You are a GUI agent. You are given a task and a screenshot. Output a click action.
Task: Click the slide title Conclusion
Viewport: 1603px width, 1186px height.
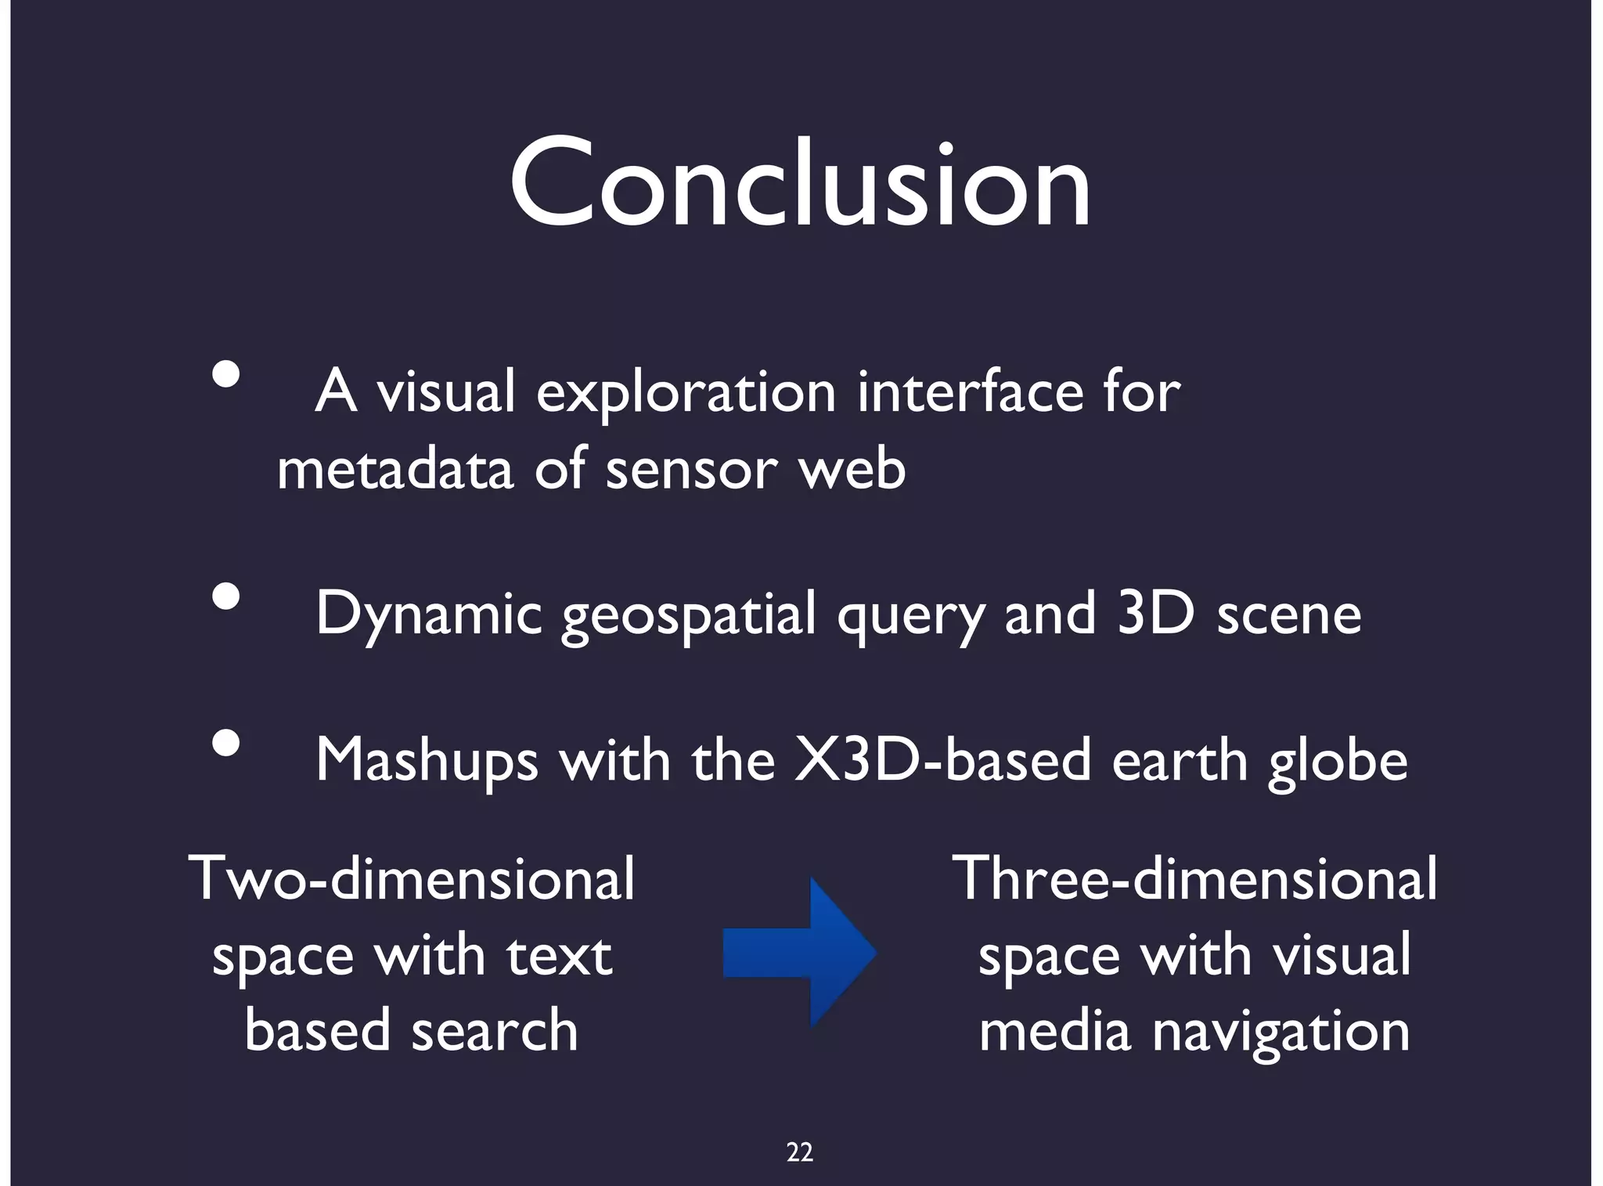(x=800, y=184)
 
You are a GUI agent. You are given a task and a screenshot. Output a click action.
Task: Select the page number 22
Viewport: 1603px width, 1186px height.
(x=800, y=1152)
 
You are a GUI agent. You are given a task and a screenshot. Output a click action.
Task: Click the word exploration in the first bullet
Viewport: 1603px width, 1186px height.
(x=686, y=392)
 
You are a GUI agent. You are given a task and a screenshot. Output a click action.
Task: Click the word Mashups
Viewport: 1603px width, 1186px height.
(x=427, y=761)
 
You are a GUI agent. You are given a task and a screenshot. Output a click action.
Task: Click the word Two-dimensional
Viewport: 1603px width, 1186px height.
(x=412, y=878)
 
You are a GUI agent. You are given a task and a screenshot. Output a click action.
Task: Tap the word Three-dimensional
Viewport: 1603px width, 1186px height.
(x=1194, y=878)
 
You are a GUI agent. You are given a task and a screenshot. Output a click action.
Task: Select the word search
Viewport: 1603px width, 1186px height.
(x=495, y=1030)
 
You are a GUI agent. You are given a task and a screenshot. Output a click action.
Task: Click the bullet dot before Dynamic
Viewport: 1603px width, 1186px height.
(x=226, y=597)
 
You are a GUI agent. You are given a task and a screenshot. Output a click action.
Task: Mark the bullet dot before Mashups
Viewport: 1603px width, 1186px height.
(x=226, y=743)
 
